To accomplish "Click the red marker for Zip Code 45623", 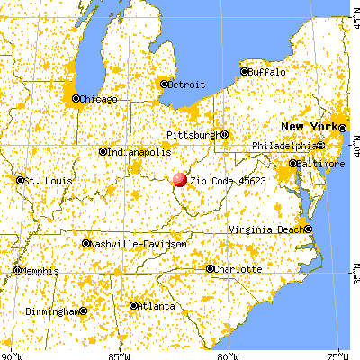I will tap(179, 179).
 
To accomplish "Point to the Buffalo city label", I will tap(267, 71).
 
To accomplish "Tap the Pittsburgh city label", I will tap(193, 135).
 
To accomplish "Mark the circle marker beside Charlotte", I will tap(211, 268).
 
